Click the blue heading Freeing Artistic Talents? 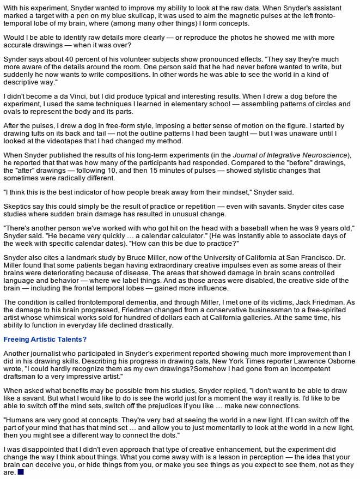45,339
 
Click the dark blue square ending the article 21,472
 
